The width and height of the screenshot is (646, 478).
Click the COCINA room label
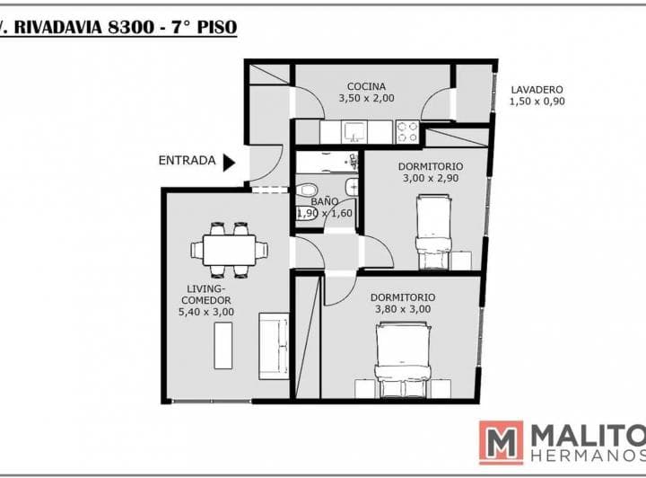tap(366, 86)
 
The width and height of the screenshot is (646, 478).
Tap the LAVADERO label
tap(537, 90)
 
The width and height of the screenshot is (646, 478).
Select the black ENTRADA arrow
tap(229, 163)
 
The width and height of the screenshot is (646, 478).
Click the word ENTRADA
tap(187, 161)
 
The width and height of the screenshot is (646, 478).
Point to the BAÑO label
tap(325, 201)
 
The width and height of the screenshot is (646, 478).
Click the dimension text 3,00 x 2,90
tap(431, 178)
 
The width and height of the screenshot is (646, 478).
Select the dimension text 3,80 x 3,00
tap(403, 309)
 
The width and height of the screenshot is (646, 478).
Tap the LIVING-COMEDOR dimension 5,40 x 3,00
tap(206, 312)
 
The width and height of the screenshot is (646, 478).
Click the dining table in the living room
tap(229, 251)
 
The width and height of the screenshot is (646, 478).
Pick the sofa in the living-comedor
tap(274, 346)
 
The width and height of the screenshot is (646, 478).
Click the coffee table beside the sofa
tap(223, 346)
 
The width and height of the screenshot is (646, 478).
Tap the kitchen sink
tap(354, 132)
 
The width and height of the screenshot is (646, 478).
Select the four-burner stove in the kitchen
tap(407, 132)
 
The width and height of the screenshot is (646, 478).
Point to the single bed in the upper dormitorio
tap(433, 232)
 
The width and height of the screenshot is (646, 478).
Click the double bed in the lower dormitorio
tap(403, 360)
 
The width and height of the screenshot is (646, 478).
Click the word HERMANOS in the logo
tap(589, 456)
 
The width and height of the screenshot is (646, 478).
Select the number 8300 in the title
tap(131, 28)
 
